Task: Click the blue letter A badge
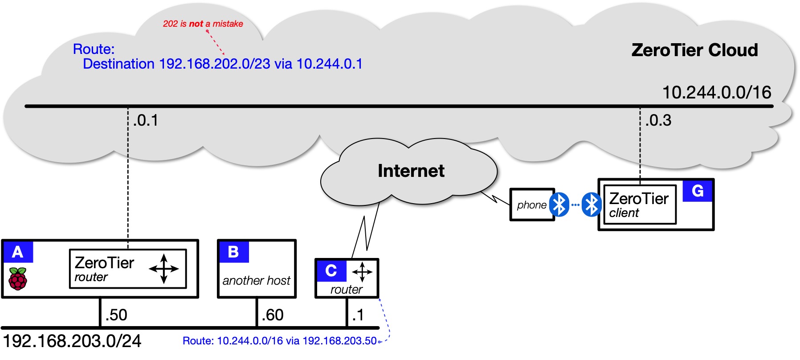(18, 252)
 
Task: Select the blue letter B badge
(233, 252)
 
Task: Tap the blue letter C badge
(331, 271)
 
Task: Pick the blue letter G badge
(698, 191)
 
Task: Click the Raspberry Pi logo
(18, 279)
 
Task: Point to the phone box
(531, 205)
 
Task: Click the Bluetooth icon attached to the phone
(559, 205)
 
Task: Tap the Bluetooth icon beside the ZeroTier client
(592, 205)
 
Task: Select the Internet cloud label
(411, 171)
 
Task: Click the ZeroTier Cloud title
(694, 50)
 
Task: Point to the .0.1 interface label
(146, 120)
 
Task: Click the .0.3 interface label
(658, 120)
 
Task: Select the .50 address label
(116, 315)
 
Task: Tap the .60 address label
(273, 315)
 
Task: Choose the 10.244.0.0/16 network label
(717, 93)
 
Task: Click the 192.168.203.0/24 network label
(72, 341)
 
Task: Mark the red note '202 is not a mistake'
(203, 24)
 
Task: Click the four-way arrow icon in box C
(362, 272)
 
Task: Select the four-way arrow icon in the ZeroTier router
(164, 269)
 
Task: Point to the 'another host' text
(257, 281)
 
